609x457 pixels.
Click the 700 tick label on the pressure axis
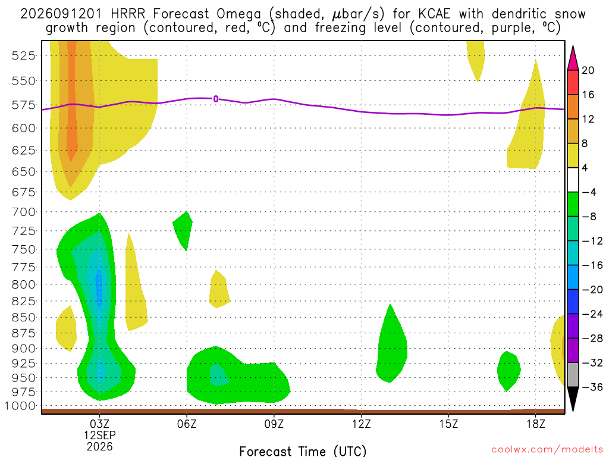coord(24,212)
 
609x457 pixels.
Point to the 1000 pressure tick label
coord(20,406)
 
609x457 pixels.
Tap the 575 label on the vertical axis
coord(24,105)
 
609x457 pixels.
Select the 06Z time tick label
coord(187,424)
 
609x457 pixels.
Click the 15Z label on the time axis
coord(448,424)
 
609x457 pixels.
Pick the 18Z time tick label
coord(536,424)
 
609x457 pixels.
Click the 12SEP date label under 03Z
coord(100,435)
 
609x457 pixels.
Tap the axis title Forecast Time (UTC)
coord(303,451)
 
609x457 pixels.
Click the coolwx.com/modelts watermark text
coord(547,450)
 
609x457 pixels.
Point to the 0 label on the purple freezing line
coord(215,99)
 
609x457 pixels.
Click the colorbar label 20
coord(588,70)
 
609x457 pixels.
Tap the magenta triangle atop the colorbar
coord(573,59)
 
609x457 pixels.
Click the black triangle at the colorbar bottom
coord(573,397)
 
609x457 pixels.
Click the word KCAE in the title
coord(434,14)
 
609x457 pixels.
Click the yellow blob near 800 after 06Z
coord(219,290)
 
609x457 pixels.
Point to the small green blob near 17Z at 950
coord(508,371)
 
